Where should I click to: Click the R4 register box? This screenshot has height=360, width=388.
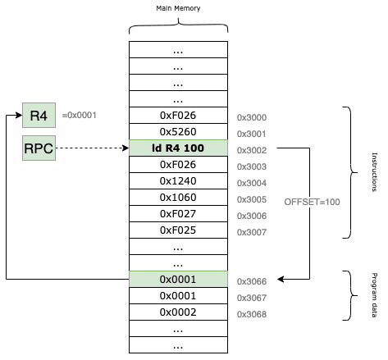(39, 115)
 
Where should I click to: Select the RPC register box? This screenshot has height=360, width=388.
(39, 148)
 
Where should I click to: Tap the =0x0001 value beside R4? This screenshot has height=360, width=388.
(80, 115)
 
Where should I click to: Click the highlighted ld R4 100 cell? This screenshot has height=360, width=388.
(178, 148)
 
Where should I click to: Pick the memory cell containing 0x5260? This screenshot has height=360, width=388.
(178, 131)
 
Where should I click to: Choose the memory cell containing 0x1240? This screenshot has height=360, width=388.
(178, 180)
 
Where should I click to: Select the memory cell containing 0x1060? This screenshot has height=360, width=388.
(178, 197)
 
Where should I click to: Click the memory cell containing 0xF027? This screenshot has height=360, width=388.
(178, 213)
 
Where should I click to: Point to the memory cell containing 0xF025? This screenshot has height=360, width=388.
(178, 230)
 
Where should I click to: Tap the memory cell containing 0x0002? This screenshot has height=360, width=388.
(178, 312)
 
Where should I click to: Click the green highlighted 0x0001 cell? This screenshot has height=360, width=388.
(178, 279)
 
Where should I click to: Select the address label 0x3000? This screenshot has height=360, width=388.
(252, 117)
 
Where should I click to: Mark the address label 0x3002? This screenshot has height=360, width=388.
(252, 150)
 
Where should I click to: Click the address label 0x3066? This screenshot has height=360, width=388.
(252, 281)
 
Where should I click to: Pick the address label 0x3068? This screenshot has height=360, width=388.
(252, 314)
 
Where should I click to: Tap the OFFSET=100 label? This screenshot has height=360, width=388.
(312, 202)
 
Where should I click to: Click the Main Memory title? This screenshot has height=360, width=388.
(178, 8)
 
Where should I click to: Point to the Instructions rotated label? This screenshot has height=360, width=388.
(374, 172)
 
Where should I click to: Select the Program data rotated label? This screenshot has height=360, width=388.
(374, 295)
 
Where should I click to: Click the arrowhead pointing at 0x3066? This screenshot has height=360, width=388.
(281, 279)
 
